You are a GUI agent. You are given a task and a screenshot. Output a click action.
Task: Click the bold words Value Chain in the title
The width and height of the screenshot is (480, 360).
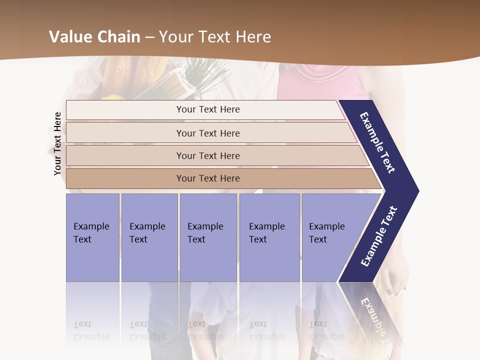pyautogui.click(x=94, y=37)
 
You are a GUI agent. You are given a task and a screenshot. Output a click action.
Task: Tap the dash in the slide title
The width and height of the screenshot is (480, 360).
pyautogui.click(x=149, y=37)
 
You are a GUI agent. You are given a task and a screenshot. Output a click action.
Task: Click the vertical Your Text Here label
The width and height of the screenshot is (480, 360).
pyautogui.click(x=57, y=144)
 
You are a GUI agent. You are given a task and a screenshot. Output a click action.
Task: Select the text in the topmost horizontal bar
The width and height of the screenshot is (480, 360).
pyautogui.click(x=208, y=109)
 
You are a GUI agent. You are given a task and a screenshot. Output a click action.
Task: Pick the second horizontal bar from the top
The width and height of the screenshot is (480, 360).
pyautogui.click(x=208, y=133)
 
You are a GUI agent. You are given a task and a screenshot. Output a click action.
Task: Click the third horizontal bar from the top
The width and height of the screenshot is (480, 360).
pyautogui.click(x=208, y=155)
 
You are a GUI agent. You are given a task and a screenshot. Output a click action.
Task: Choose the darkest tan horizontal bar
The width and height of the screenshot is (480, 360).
pyautogui.click(x=208, y=178)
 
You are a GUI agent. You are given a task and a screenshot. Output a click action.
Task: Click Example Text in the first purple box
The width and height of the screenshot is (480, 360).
pyautogui.click(x=91, y=233)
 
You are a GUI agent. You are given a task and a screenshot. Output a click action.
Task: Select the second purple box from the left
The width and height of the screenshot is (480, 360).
pyautogui.click(x=149, y=237)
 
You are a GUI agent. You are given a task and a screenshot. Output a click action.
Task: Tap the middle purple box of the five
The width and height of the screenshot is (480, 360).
pyautogui.click(x=207, y=237)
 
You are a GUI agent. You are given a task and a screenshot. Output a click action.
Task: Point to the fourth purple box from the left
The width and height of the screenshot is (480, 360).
pyautogui.click(x=269, y=237)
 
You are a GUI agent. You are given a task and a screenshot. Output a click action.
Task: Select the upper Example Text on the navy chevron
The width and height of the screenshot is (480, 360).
pyautogui.click(x=378, y=142)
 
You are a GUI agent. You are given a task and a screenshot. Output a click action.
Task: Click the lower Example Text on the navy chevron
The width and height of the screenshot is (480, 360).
pyautogui.click(x=379, y=236)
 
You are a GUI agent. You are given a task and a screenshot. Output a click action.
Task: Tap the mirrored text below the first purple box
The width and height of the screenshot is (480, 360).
pyautogui.click(x=91, y=330)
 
